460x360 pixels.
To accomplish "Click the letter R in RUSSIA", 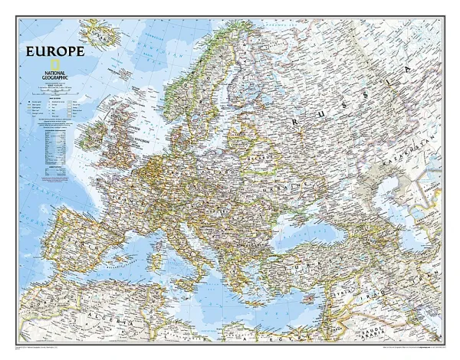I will (293, 120).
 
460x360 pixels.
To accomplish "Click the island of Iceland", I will (97, 32).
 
